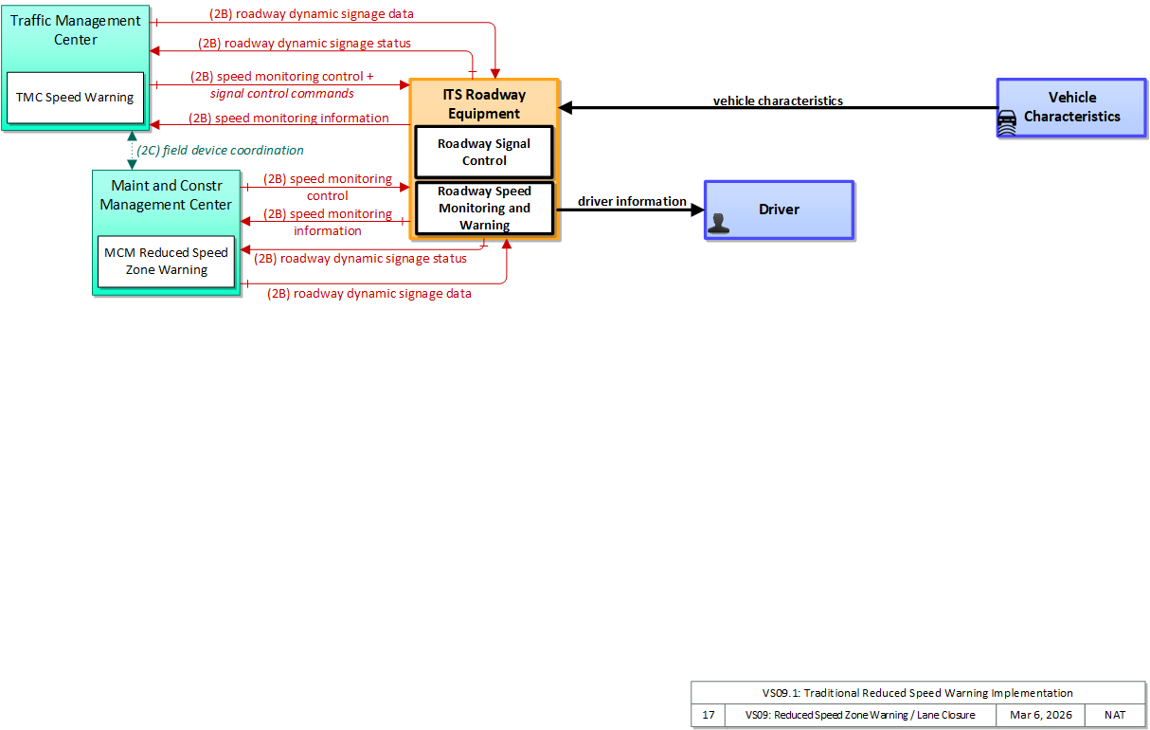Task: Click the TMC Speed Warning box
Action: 75,98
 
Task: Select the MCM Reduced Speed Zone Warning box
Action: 166,262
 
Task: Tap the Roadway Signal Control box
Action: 484,152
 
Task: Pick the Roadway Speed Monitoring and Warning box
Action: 484,208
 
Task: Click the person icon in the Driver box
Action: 718,224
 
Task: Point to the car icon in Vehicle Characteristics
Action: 1007,122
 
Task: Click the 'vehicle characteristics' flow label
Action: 778,100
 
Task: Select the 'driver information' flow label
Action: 632,201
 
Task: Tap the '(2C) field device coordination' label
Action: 221,150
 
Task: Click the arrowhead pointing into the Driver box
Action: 698,210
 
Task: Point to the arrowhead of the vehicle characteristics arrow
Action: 566,107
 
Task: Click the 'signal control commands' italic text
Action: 282,94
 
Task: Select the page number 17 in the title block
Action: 709,715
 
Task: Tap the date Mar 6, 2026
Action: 1041,715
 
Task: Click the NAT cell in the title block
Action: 1115,715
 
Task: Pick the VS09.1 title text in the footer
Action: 917,693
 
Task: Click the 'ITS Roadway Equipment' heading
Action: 484,103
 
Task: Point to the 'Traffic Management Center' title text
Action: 76,29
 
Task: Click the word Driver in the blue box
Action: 779,210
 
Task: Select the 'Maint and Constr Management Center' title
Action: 166,194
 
